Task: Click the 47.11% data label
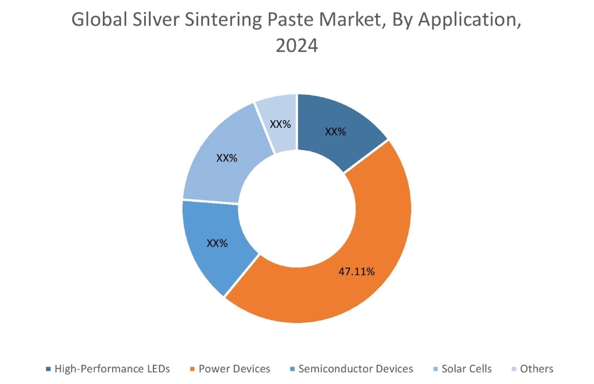coord(357,271)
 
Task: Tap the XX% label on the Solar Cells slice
coord(227,158)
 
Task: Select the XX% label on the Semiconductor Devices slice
coord(217,243)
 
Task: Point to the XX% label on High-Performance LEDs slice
coord(335,132)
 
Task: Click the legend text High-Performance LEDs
coord(112,369)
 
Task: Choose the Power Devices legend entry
coord(234,369)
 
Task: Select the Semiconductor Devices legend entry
coord(355,369)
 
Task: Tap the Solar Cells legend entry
coord(467,369)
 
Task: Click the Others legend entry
coord(536,369)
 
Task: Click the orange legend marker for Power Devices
coord(192,369)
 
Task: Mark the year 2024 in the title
coord(296,45)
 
